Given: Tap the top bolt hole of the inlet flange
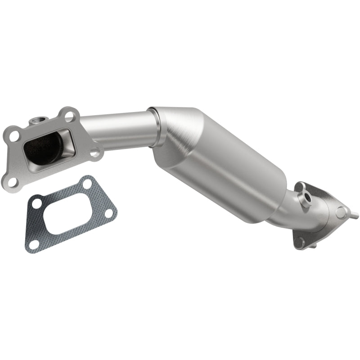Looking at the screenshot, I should point(68,115).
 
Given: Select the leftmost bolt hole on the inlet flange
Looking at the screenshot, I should point(14,134).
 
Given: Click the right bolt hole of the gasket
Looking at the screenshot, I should point(108,212).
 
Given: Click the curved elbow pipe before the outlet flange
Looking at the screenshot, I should point(292,211).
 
